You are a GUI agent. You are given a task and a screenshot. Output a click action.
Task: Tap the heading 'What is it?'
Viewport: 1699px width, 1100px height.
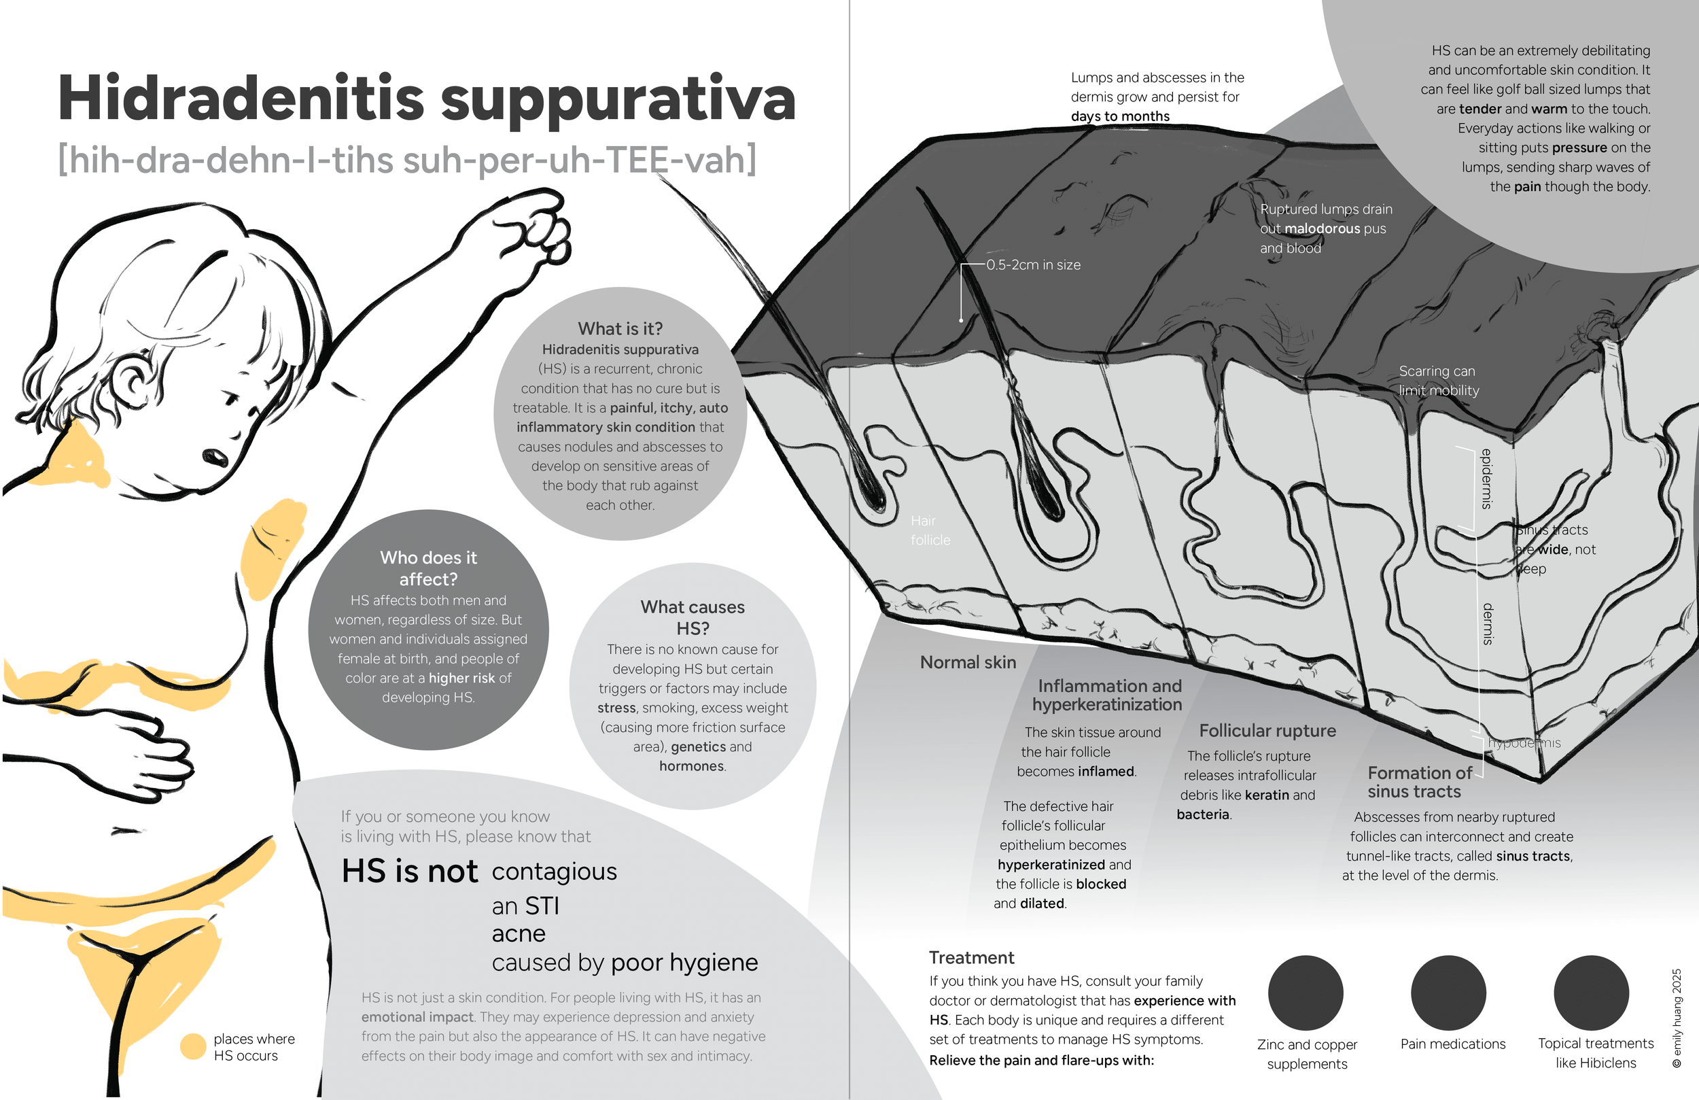click(620, 328)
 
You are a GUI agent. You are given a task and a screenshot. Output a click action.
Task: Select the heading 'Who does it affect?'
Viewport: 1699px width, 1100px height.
click(428, 568)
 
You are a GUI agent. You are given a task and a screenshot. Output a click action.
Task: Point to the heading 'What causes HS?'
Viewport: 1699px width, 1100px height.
click(693, 617)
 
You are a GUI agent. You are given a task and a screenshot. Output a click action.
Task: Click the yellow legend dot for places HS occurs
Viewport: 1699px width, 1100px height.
click(193, 1046)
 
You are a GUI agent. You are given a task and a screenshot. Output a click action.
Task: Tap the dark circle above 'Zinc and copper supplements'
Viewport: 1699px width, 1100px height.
click(1306, 993)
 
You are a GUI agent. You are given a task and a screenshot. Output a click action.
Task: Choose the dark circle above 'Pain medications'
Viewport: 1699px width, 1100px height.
click(1448, 993)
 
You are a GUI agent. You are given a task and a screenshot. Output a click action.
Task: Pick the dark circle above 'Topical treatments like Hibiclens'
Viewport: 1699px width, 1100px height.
click(1591, 993)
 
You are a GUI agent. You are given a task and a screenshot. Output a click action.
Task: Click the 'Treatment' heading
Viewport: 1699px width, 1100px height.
click(971, 958)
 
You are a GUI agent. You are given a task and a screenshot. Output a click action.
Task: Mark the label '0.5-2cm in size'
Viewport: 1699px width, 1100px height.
click(1033, 265)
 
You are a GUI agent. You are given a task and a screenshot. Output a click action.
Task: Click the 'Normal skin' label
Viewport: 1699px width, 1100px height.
click(967, 663)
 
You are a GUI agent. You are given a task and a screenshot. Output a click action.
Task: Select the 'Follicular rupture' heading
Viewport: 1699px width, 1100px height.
click(1267, 731)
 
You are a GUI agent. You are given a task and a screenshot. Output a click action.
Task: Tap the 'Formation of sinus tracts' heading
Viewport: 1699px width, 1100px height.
click(1418, 782)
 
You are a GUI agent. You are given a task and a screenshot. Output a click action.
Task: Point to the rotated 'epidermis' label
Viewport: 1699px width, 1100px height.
click(1487, 479)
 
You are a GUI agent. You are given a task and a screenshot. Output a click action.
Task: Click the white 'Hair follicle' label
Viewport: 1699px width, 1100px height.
click(930, 531)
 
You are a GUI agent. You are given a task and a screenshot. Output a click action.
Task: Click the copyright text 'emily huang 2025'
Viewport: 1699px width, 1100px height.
click(1677, 1017)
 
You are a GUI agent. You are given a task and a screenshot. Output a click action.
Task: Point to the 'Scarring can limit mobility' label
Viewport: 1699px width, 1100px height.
click(1439, 381)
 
